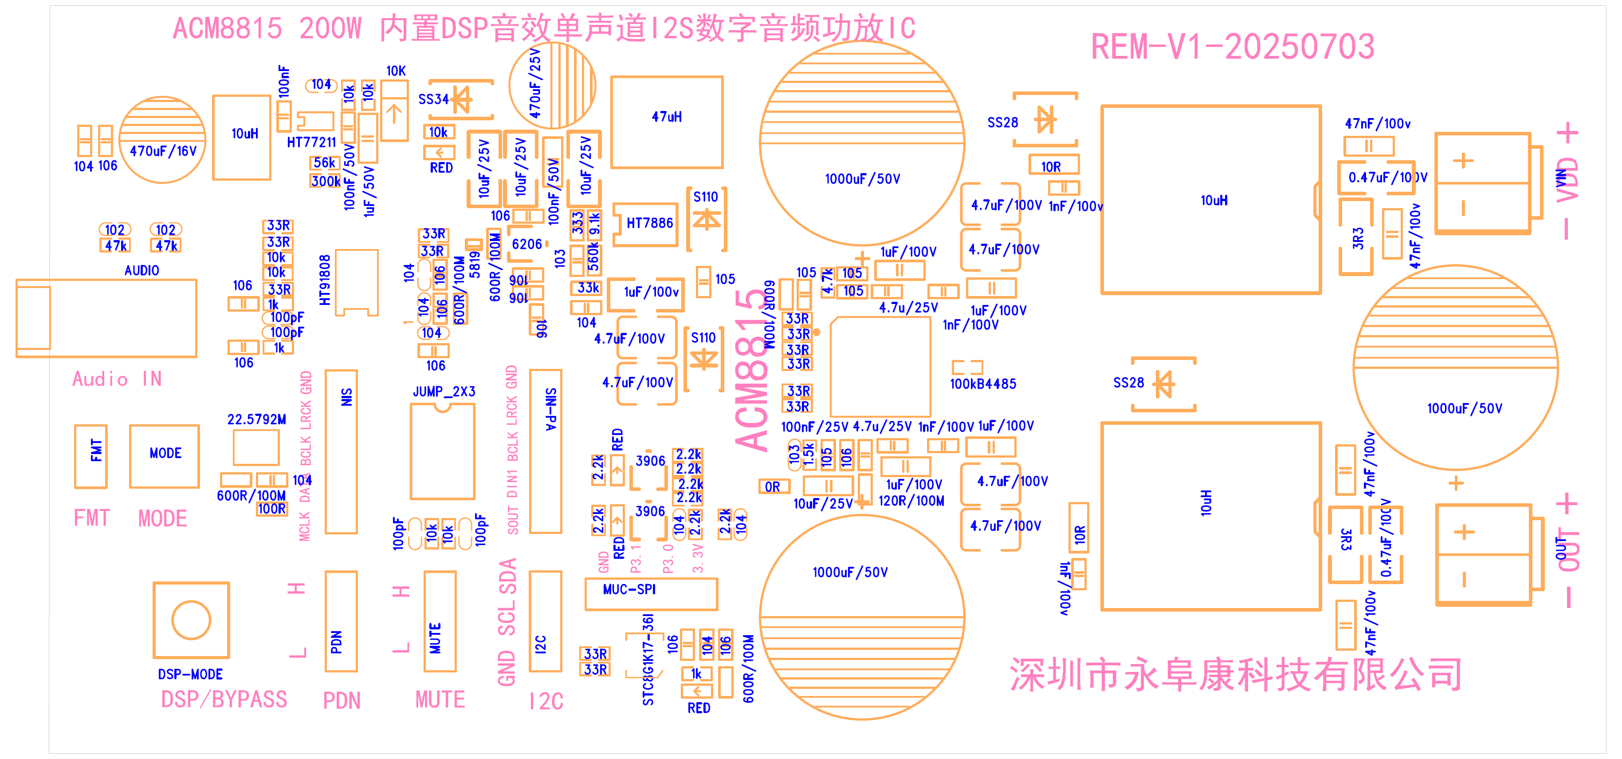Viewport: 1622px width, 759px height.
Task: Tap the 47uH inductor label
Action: tap(666, 117)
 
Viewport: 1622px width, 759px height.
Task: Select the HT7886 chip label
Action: tap(649, 223)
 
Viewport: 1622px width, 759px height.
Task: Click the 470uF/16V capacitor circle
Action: tap(162, 140)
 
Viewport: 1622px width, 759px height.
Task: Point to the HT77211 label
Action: tap(311, 142)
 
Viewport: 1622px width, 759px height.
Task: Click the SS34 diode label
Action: tap(433, 99)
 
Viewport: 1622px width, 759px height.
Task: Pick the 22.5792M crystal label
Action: tap(256, 419)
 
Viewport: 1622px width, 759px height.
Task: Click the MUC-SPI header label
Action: tap(629, 589)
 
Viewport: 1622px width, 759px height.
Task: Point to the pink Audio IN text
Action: tap(117, 379)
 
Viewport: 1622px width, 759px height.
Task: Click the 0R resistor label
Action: tap(773, 487)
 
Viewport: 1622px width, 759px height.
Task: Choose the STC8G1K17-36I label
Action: tap(648, 660)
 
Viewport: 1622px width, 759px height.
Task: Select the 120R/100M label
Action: tap(911, 502)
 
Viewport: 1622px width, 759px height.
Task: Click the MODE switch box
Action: tap(165, 455)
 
